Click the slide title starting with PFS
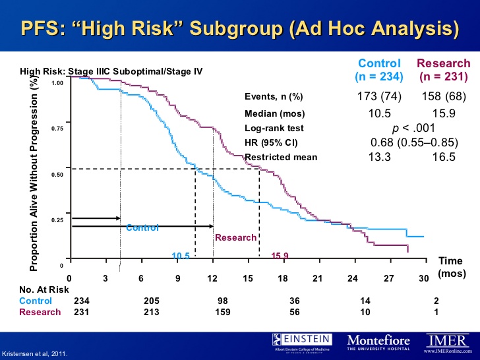239,28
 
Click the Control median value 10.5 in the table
380,113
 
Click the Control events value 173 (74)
380,97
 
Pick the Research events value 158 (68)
443,97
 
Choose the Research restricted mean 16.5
443,157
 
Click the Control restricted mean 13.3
380,157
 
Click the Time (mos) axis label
451,266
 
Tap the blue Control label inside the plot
142,228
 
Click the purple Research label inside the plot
235,237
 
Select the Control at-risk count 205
151,301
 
